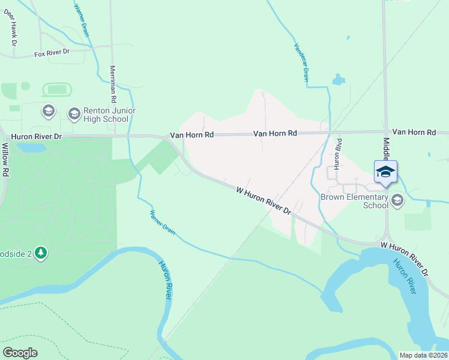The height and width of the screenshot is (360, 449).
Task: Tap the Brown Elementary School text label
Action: pos(354,201)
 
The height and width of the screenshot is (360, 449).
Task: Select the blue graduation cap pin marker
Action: pos(385,173)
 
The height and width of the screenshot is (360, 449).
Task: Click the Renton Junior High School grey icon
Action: pos(74,114)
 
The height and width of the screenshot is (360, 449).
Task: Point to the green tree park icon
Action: pos(41,253)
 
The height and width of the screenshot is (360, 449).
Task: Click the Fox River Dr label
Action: pos(52,53)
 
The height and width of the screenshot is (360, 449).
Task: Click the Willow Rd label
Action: pos(5,159)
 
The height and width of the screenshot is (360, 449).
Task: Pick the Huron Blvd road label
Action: pos(338,159)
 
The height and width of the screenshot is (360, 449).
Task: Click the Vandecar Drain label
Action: pos(301,62)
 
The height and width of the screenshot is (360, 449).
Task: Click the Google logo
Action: pos(20,353)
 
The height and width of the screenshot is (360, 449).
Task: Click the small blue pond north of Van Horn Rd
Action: pos(339,79)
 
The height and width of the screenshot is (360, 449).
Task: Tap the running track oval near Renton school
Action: pos(57,90)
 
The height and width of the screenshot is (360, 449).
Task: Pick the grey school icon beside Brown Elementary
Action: pos(396,199)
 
